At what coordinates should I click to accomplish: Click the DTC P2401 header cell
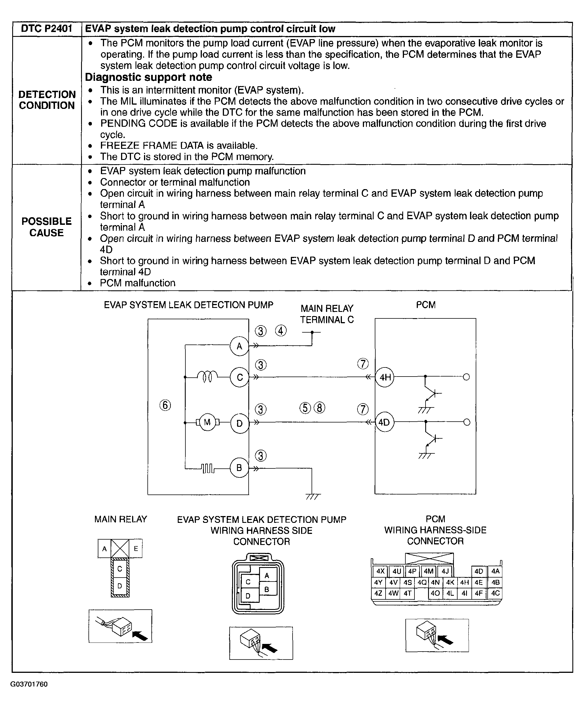47,29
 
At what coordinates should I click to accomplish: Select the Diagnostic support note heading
148,77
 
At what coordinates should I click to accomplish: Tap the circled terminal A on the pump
239,346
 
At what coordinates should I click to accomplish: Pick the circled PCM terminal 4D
384,422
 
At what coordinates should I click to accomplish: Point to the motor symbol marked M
207,422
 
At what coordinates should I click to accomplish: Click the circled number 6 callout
165,405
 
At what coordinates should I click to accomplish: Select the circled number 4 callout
281,331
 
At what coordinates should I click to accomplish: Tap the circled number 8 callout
319,408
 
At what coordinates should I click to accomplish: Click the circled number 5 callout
305,408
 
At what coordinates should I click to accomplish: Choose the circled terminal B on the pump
239,468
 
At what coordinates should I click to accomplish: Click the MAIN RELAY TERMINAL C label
327,314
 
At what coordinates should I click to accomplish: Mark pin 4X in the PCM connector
380,571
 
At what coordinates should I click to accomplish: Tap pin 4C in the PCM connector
495,593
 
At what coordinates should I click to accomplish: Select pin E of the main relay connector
136,548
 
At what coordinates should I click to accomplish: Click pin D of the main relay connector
120,586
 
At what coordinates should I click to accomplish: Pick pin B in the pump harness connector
267,589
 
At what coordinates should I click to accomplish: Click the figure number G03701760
29,684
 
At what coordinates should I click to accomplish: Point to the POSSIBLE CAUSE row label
46,227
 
